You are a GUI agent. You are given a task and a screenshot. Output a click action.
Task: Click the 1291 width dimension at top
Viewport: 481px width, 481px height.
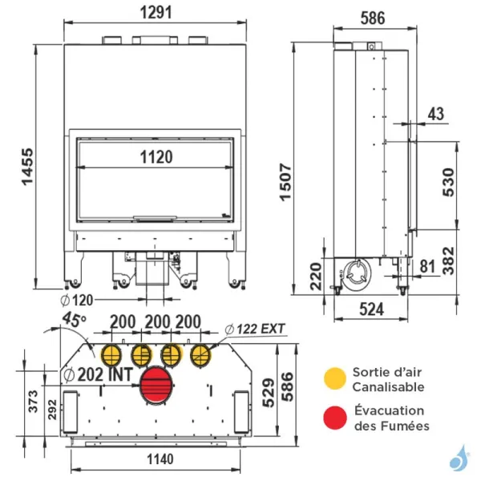[153, 14]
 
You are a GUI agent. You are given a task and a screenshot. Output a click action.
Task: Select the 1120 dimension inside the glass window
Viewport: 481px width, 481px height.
[153, 157]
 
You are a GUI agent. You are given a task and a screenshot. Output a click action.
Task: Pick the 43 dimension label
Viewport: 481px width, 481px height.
[435, 114]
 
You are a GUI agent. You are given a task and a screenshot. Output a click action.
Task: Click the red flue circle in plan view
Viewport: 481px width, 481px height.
[156, 386]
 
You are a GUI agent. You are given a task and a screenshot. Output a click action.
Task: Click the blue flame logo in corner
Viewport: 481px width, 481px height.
[458, 459]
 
